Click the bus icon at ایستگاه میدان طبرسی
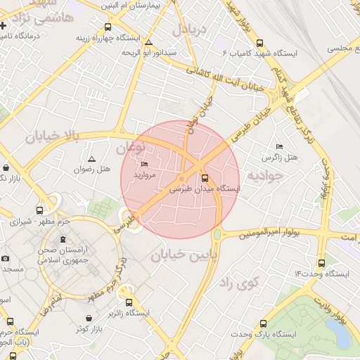pos(205,178)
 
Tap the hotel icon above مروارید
pos(145,165)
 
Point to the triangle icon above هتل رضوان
pos(91,159)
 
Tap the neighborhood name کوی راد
pos(239,283)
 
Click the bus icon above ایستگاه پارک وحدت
pos(263,324)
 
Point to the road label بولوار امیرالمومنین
pos(271,233)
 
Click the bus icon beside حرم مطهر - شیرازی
pos(39,210)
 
